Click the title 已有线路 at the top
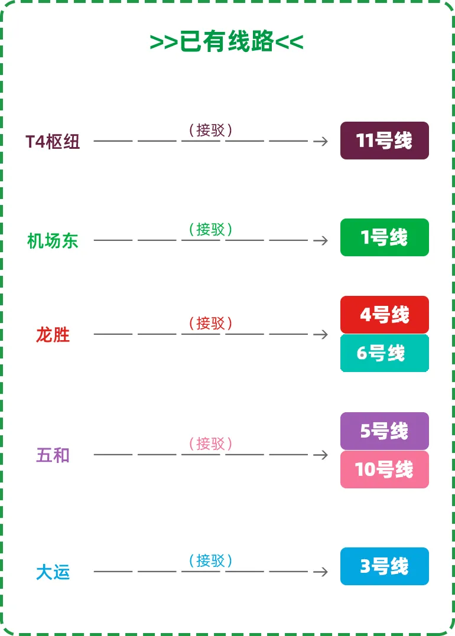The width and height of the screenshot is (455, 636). tap(226, 41)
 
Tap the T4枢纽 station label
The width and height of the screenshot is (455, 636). tap(53, 142)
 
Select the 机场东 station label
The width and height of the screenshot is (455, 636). tap(53, 241)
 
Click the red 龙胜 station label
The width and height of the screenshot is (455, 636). tap(53, 335)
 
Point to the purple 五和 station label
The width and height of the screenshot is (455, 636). tap(53, 455)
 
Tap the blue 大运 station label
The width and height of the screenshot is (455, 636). tap(53, 572)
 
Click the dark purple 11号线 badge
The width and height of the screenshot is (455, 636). tap(384, 141)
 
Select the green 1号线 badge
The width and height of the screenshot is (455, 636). tap(384, 237)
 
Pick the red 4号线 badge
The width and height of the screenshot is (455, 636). tap(384, 315)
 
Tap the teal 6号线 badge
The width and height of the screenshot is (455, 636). tap(384, 353)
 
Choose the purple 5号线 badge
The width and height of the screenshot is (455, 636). tap(384, 430)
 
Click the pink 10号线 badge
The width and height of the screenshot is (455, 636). tap(384, 469)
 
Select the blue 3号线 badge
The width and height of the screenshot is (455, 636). tap(384, 566)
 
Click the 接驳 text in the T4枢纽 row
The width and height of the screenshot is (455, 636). tap(210, 130)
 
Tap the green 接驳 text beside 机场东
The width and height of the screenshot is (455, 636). tap(210, 229)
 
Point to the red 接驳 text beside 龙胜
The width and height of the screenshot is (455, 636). tap(210, 323)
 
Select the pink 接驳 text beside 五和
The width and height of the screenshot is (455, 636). tap(210, 443)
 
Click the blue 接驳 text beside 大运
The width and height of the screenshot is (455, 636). tap(210, 560)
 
